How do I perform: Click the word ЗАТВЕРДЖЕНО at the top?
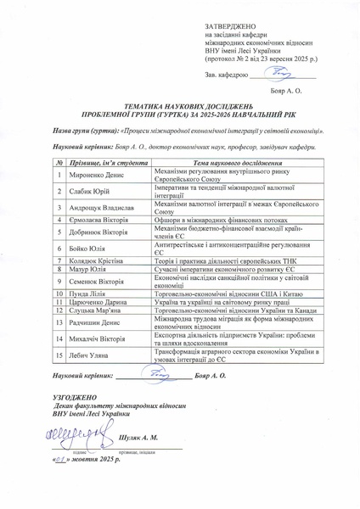pos(227,27)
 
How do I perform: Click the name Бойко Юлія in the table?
pos(87,249)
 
